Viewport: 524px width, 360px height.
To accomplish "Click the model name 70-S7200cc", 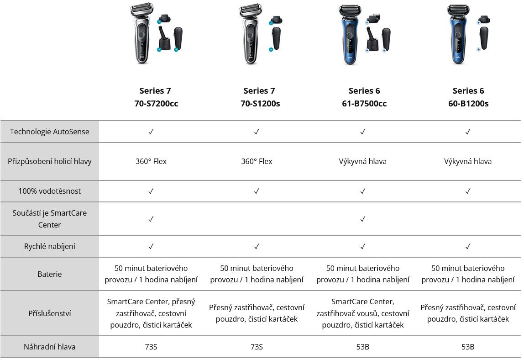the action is click(156, 104).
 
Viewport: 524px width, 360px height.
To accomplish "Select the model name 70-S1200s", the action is click(260, 104).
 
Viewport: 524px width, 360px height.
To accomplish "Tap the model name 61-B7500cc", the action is click(364, 104).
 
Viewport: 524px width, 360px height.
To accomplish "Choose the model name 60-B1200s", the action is click(468, 104).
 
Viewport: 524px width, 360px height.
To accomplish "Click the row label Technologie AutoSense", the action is click(49, 132).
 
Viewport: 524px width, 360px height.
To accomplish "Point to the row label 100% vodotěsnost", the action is click(49, 191).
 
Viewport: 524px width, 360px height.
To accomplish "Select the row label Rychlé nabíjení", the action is click(49, 247).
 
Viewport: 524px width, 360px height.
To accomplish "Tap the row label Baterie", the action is click(49, 275).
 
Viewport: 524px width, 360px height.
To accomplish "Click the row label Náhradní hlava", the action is click(49, 347).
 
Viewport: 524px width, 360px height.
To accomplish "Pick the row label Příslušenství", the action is click(49, 313).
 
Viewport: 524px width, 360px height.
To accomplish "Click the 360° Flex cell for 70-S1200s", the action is click(257, 162).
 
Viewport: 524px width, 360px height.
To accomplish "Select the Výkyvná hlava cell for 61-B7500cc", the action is click(362, 162).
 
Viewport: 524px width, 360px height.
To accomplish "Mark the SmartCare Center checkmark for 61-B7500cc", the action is click(362, 219).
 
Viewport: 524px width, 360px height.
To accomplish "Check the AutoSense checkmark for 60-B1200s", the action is click(468, 132).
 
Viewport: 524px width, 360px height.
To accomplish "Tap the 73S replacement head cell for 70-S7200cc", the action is click(151, 347).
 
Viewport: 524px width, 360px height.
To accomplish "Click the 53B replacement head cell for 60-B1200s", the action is click(468, 347).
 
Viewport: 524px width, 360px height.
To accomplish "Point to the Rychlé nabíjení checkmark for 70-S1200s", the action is click(257, 247).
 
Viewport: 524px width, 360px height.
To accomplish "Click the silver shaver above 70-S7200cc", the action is click(142, 33).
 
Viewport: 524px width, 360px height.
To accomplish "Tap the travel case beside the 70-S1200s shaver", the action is click(277, 38).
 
